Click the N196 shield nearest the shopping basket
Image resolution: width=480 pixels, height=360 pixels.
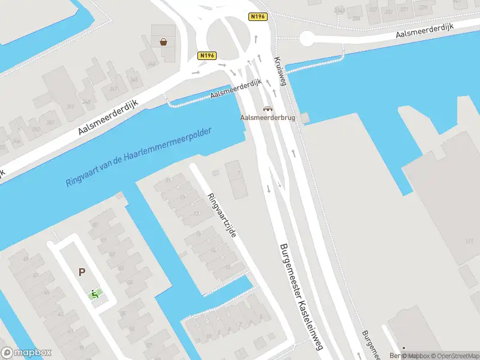206,55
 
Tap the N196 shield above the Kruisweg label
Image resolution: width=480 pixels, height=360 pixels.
257,16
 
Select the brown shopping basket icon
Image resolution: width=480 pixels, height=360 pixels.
163,42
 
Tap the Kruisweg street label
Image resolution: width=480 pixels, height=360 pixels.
280,73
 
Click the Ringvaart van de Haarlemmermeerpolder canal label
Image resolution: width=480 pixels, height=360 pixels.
139,157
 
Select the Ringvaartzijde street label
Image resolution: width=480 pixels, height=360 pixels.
221,214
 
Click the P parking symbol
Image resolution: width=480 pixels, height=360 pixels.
82,272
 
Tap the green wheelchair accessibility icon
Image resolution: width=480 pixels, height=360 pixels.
94,294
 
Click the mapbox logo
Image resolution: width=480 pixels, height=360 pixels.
26,353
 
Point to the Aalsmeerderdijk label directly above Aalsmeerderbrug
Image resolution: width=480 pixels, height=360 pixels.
235,91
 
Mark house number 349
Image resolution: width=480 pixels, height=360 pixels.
71,106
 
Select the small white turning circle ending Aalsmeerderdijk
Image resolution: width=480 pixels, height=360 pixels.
307,38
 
